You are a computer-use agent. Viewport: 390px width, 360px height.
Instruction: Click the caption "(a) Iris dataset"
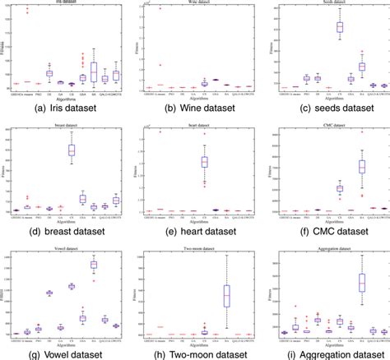(x=63, y=107)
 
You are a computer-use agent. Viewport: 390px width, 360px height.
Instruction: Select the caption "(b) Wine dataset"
(x=193, y=107)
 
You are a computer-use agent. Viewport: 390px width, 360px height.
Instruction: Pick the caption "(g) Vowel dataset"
(x=63, y=353)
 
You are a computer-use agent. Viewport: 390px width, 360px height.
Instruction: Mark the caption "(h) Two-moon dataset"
(x=193, y=353)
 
